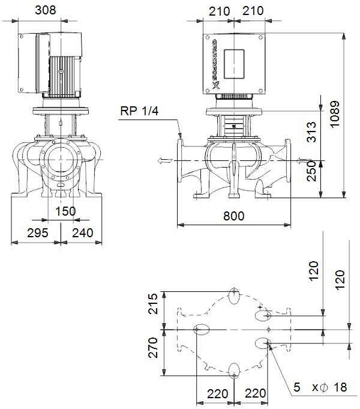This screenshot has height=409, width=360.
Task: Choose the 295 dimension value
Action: tap(37, 234)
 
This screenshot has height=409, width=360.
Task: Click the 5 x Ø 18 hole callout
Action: tap(320, 387)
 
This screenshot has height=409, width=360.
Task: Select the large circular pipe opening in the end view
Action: tap(60, 160)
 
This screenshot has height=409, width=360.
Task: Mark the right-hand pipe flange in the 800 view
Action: tap(287, 160)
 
